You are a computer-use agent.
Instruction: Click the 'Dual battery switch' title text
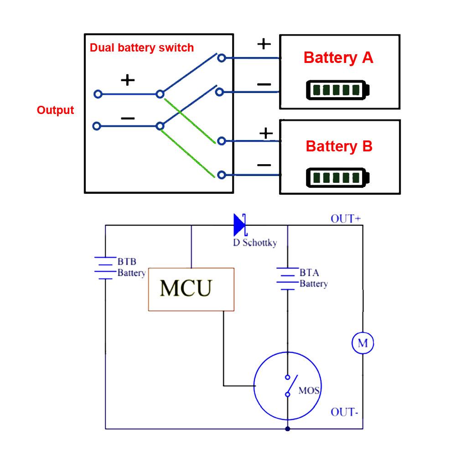tap(141, 48)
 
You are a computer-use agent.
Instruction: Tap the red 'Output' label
tap(55, 110)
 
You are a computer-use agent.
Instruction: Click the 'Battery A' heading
tap(338, 58)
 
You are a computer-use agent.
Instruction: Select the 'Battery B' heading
tap(339, 146)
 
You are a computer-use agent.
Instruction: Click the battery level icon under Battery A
tap(337, 90)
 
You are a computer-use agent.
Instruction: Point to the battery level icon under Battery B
tap(337, 177)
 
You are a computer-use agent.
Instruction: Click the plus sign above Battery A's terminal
tap(264, 44)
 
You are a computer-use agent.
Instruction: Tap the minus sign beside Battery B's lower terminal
tap(264, 165)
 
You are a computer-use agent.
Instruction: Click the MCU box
tap(191, 289)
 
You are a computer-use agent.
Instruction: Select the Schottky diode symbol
tap(240, 225)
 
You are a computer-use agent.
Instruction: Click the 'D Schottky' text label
tap(254, 243)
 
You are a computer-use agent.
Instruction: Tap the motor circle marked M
tap(363, 342)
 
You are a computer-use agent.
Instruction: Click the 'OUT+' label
tap(346, 219)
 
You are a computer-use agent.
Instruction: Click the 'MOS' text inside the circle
tap(309, 391)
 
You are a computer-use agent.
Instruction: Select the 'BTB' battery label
tap(127, 262)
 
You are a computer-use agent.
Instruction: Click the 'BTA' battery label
tap(309, 273)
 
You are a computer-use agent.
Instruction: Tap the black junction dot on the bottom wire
tap(287, 429)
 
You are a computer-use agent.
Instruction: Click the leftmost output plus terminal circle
tap(97, 94)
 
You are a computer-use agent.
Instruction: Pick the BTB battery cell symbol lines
tap(105, 268)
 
